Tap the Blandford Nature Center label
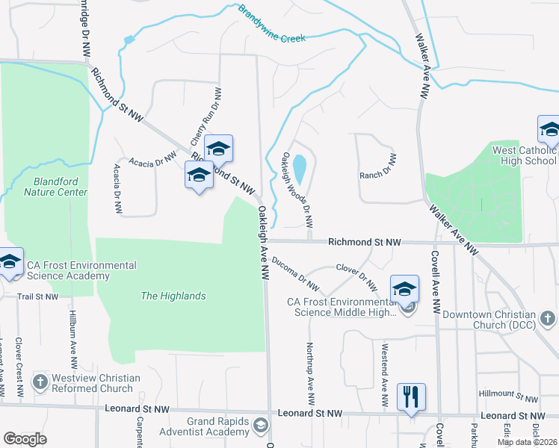(55, 187)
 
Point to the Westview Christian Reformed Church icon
(40, 383)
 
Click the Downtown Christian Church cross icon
(549, 320)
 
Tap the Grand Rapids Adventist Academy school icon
(260, 426)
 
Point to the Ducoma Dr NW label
(295, 274)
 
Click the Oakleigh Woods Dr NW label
(297, 190)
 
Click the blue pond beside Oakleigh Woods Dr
(300, 169)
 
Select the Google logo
(25, 439)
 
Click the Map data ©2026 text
(527, 442)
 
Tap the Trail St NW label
(37, 296)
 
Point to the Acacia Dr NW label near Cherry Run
(152, 160)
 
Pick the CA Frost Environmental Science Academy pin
(10, 261)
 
